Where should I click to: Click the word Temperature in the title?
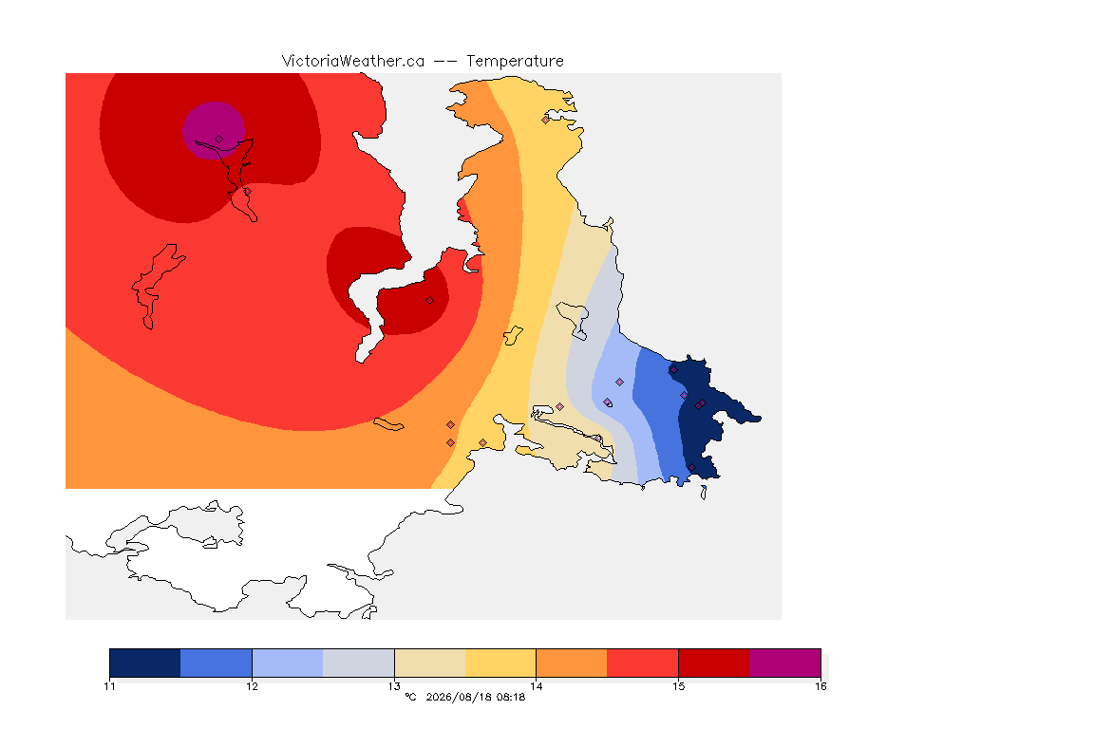[515, 62]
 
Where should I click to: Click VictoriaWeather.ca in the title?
[353, 62]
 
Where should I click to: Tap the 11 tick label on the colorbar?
[109, 686]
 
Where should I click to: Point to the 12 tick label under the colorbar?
[252, 686]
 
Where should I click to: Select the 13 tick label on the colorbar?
[394, 686]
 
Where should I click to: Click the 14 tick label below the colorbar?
[536, 686]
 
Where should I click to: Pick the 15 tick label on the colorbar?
[678, 686]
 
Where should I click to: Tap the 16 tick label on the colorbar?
[820, 686]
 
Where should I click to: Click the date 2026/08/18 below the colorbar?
[456, 697]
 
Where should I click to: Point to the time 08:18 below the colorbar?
[511, 697]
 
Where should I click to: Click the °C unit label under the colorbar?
[410, 697]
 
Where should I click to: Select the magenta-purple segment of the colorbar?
[785, 663]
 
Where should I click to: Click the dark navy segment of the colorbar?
[145, 663]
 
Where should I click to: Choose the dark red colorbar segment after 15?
[714, 663]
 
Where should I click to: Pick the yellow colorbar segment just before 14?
[500, 663]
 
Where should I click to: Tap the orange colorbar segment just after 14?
[572, 663]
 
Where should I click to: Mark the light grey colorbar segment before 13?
[359, 663]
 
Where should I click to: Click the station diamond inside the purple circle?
[219, 140]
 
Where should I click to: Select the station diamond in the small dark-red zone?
[430, 301]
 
